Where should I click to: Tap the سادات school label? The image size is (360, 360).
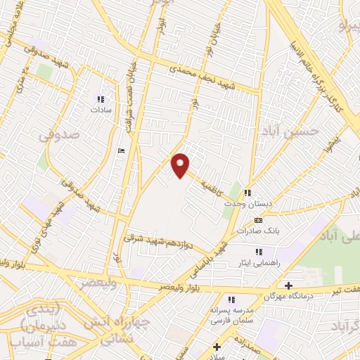[x=97, y=110]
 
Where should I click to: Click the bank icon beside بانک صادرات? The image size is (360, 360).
[x=259, y=221]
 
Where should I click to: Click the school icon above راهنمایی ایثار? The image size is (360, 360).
[x=259, y=251]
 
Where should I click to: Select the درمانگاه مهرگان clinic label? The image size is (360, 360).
[x=288, y=297]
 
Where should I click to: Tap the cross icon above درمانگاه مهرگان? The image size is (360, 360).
[x=288, y=285]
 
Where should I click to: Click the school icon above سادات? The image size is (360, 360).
[x=99, y=99]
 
